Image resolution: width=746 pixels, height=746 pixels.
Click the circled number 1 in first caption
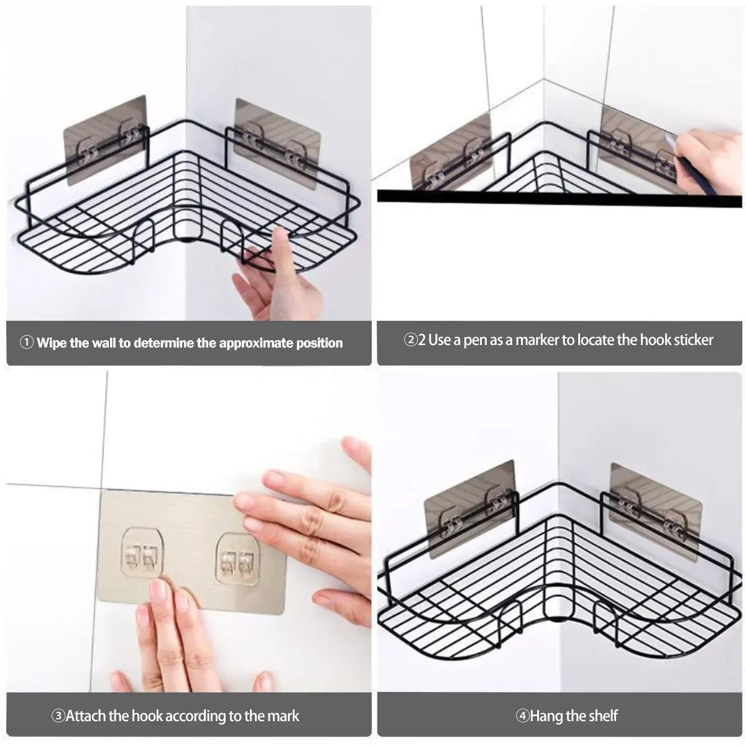point(27,343)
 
